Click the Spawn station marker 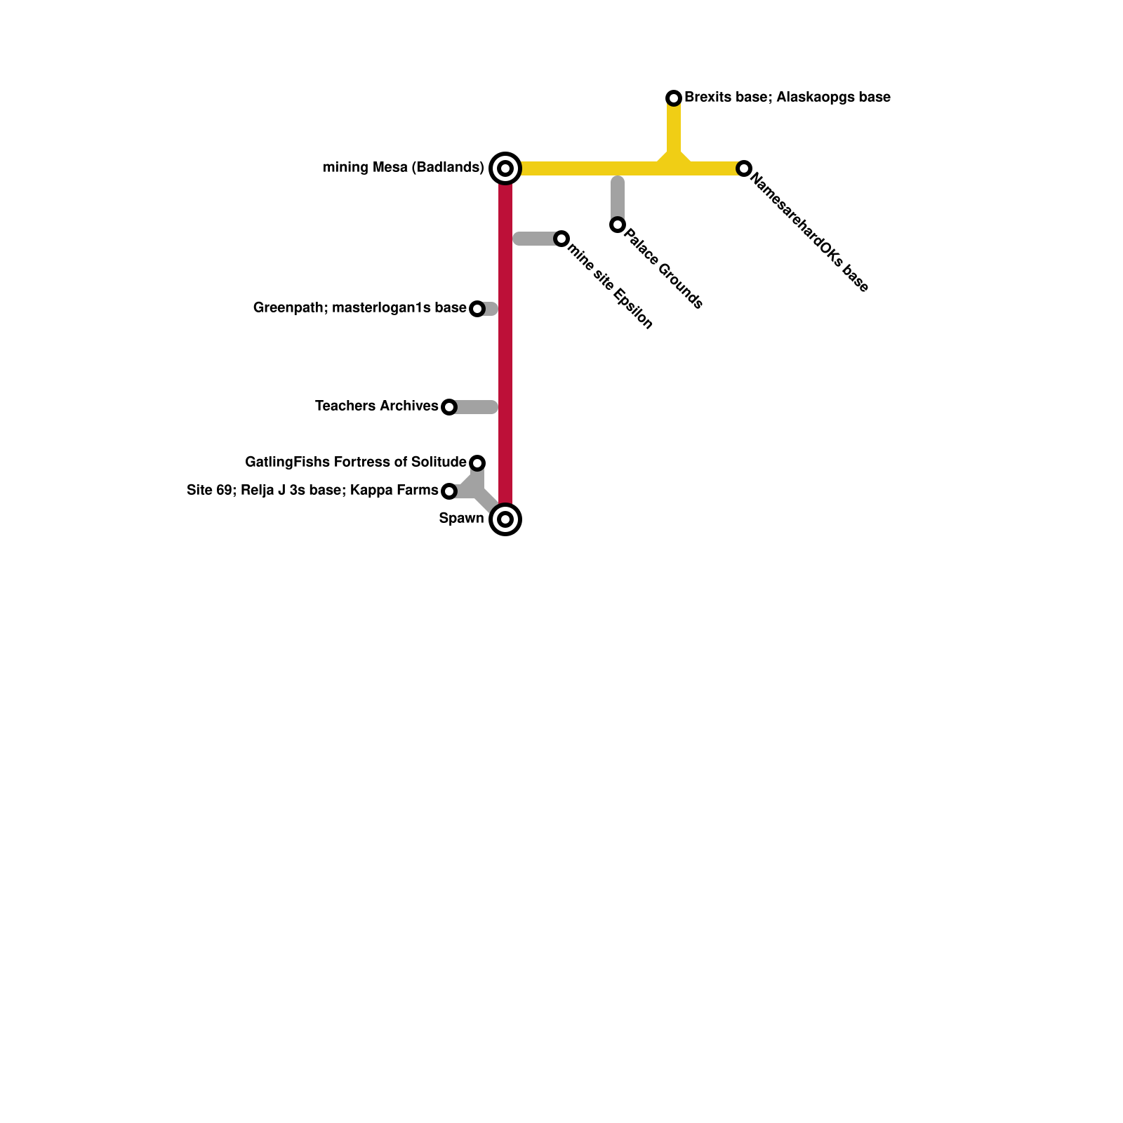[x=505, y=519]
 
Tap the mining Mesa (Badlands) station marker [x=505, y=168]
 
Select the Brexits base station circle [x=674, y=98]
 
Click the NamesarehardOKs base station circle [x=744, y=168]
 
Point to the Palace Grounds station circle [x=618, y=225]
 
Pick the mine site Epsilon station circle [x=561, y=239]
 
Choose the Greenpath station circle [x=477, y=309]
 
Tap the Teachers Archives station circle [x=449, y=407]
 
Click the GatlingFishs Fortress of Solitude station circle [x=477, y=463]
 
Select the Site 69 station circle [x=449, y=491]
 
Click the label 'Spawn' [x=461, y=519]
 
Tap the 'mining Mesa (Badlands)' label [x=403, y=168]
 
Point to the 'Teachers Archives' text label [x=376, y=406]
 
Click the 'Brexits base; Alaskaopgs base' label [x=788, y=98]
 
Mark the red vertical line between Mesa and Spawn [x=505, y=351]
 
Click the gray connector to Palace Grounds [x=618, y=198]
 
